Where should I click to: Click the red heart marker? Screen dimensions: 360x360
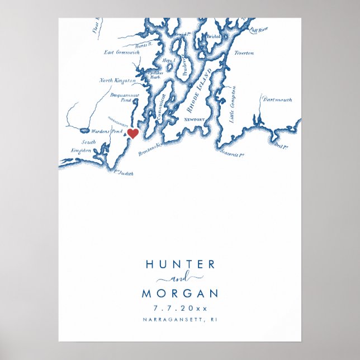[133, 133]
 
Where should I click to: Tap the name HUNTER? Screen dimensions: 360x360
[179, 264]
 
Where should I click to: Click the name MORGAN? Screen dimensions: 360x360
[179, 293]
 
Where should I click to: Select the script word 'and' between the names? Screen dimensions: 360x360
[179, 278]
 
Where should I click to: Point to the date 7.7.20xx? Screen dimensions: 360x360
[179, 308]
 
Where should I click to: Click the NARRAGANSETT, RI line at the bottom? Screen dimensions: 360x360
[179, 320]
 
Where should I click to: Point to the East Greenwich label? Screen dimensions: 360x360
[122, 53]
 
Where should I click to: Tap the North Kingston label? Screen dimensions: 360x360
[117, 80]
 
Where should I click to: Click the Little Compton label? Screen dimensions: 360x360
[233, 104]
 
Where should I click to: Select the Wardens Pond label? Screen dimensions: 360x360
[107, 131]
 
